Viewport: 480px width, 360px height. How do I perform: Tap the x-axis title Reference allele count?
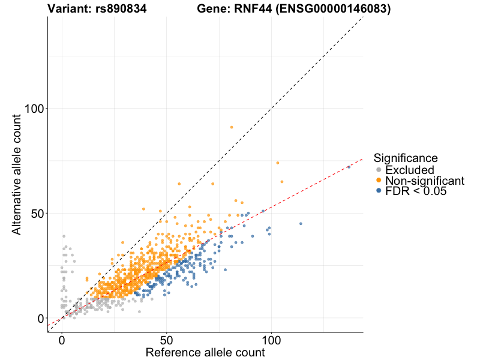[x=205, y=352]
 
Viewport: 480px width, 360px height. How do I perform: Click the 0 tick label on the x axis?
[x=62, y=340]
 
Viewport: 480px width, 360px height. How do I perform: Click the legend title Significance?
[x=406, y=158]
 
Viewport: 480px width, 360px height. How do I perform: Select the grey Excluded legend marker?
[x=378, y=170]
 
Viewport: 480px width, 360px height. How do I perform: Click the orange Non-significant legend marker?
[x=378, y=180]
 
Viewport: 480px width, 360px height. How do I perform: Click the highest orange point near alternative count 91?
[x=232, y=127]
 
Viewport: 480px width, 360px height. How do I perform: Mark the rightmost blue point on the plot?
[x=349, y=167]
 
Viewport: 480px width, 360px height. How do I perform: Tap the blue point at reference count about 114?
[x=301, y=224]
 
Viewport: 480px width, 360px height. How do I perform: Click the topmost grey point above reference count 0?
[x=64, y=236]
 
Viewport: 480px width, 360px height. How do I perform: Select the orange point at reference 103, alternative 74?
[x=278, y=163]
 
